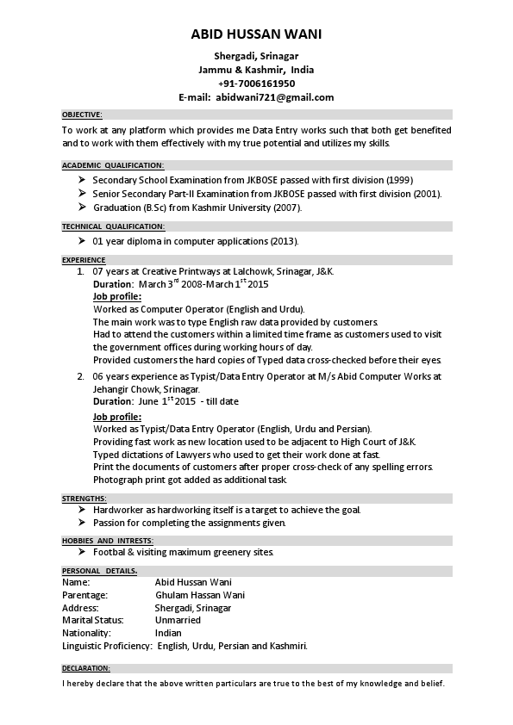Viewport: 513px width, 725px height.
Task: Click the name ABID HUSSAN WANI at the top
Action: point(256,34)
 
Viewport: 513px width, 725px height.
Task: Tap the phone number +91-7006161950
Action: point(256,84)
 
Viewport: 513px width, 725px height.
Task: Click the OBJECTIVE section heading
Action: point(82,114)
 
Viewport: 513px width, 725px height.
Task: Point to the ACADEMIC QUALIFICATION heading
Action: point(112,164)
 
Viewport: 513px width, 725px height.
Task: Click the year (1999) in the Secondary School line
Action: point(399,180)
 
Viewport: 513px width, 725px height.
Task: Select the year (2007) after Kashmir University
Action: point(288,208)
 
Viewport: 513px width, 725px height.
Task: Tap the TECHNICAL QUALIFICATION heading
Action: point(112,226)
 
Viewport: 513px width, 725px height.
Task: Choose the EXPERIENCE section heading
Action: point(84,259)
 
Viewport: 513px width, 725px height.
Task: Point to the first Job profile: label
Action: point(116,295)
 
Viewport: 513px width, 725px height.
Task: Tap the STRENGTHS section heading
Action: point(84,499)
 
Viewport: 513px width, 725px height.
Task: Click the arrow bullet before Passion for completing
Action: point(81,522)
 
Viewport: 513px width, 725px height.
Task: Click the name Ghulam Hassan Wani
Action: point(199,595)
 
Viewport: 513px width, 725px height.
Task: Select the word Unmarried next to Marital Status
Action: point(178,620)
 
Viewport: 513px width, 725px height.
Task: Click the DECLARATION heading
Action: point(86,668)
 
